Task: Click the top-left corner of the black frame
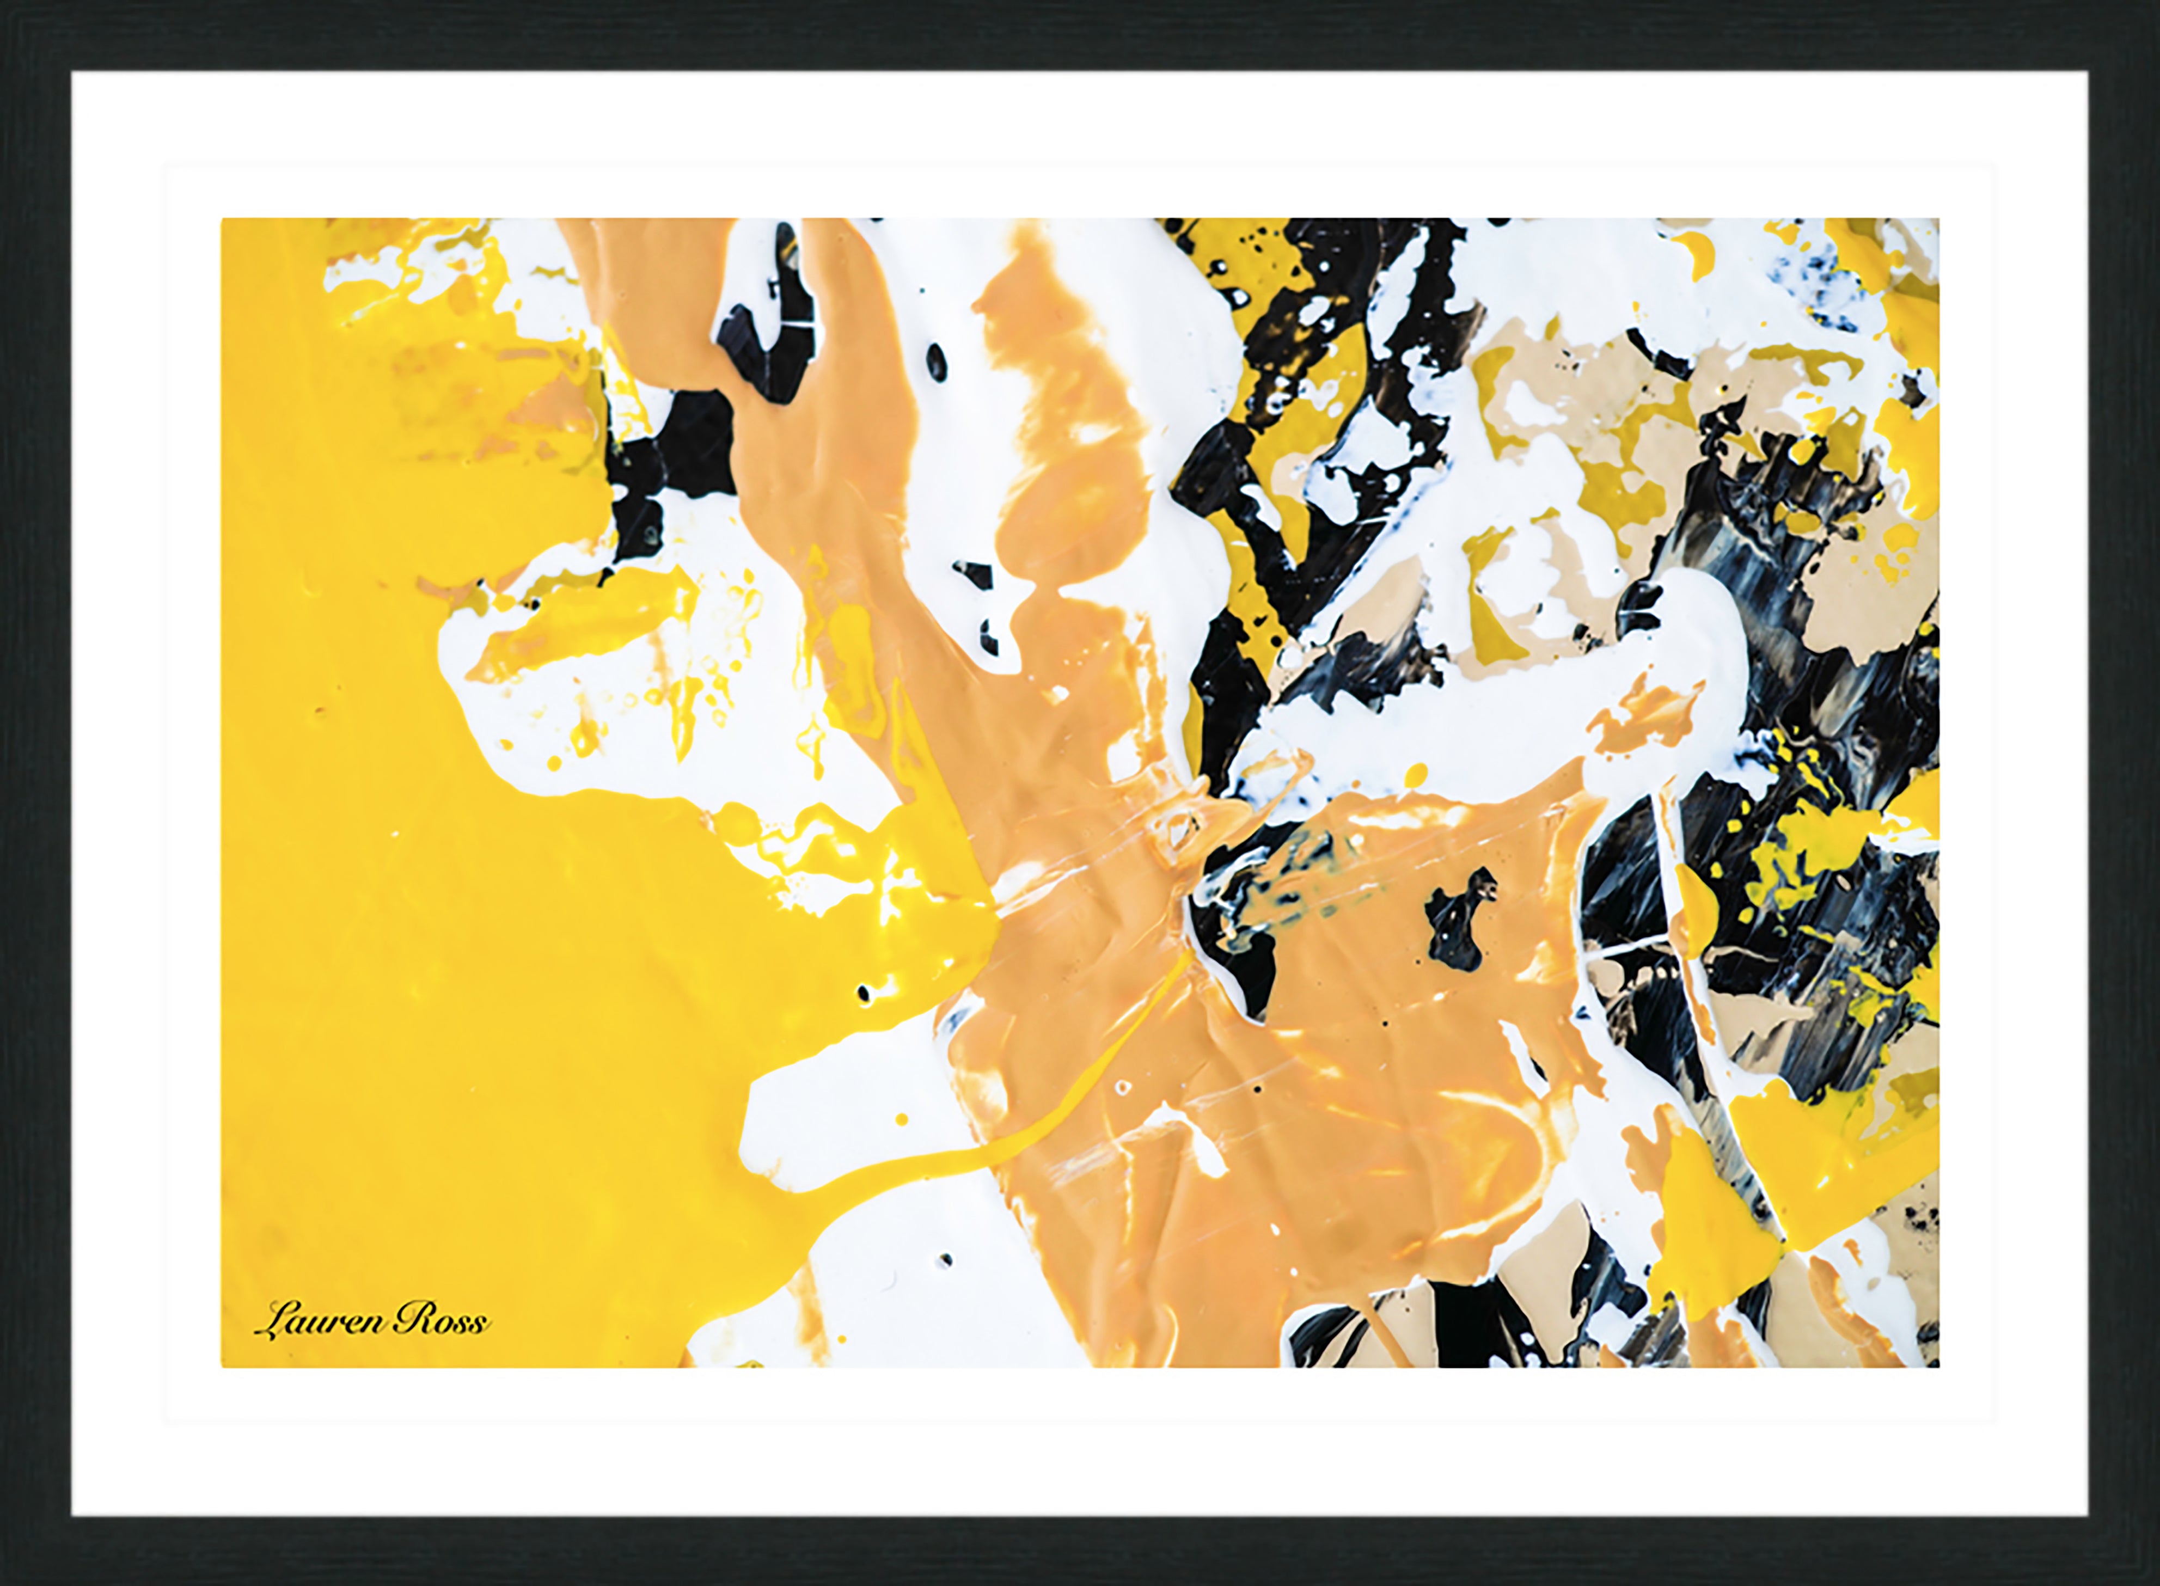pos(3,3)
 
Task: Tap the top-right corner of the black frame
pos(2156,3)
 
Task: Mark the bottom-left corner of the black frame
pos(3,1582)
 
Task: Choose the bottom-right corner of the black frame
pos(2156,1582)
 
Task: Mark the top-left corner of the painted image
pos(222,219)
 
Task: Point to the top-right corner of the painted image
pos(1938,219)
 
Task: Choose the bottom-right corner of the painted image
pos(1938,1366)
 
